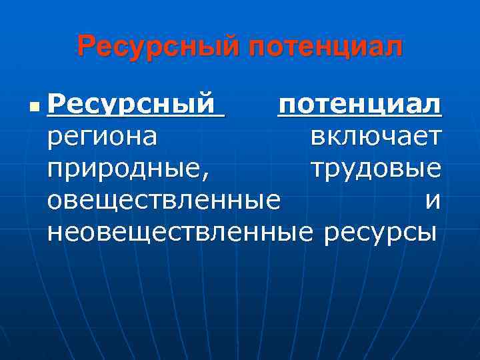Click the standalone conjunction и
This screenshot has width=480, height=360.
[x=433, y=201]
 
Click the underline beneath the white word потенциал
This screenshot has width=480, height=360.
[x=359, y=118]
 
